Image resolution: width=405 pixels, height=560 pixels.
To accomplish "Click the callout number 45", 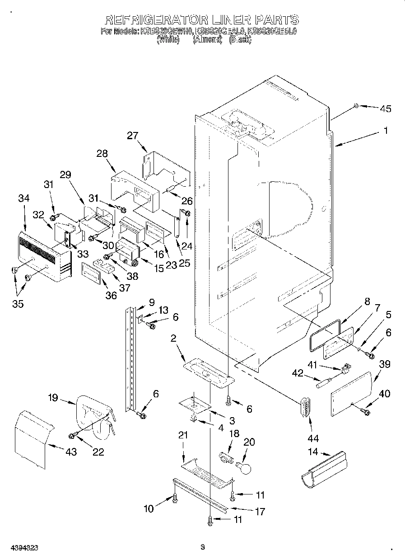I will pos(385,108).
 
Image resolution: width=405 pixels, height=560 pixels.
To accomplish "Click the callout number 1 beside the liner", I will pos(386,131).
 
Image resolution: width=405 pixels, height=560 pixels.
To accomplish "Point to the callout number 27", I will pos(132,136).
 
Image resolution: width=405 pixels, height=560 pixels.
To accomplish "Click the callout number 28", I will pos(102,153).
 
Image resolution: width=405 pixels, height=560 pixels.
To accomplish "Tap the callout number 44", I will pos(312,438).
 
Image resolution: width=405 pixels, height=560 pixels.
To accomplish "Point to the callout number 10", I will pos(149,509).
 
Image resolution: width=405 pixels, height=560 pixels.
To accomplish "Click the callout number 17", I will pos(260,512).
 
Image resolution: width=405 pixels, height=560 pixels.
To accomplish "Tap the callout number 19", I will pos(53,398).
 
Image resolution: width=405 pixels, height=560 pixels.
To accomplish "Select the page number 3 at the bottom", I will pos(203,547).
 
